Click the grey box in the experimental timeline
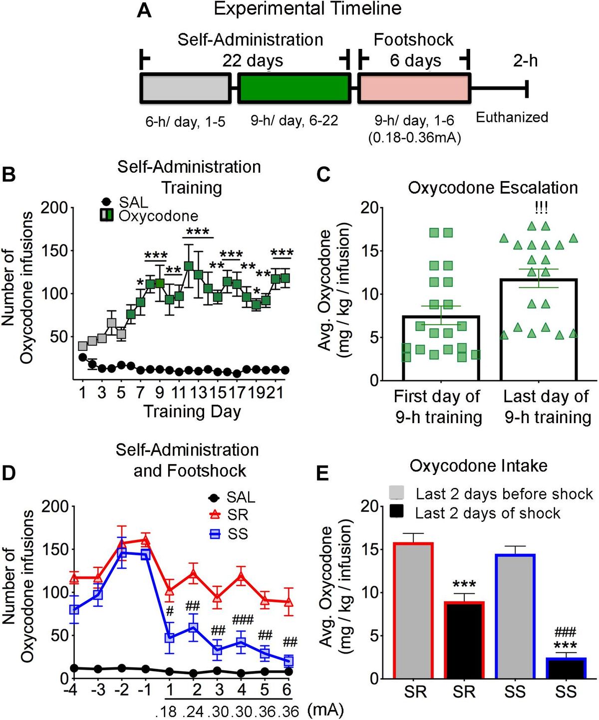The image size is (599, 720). click(x=185, y=89)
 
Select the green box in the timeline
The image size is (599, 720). click(x=294, y=89)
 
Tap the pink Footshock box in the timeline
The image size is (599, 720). click(x=414, y=89)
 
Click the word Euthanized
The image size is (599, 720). click(x=512, y=117)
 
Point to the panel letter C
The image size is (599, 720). click(x=323, y=175)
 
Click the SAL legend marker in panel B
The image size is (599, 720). click(x=106, y=202)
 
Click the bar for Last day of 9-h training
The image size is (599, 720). click(x=539, y=329)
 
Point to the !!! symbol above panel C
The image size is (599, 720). click(x=541, y=207)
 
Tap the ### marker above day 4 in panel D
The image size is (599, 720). click(x=243, y=620)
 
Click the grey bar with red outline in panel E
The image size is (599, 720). click(x=413, y=611)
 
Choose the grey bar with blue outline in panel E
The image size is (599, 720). click(x=515, y=617)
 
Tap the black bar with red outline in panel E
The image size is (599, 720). click(x=464, y=641)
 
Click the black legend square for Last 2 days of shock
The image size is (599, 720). click(x=396, y=512)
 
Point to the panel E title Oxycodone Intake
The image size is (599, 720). click(x=478, y=466)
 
